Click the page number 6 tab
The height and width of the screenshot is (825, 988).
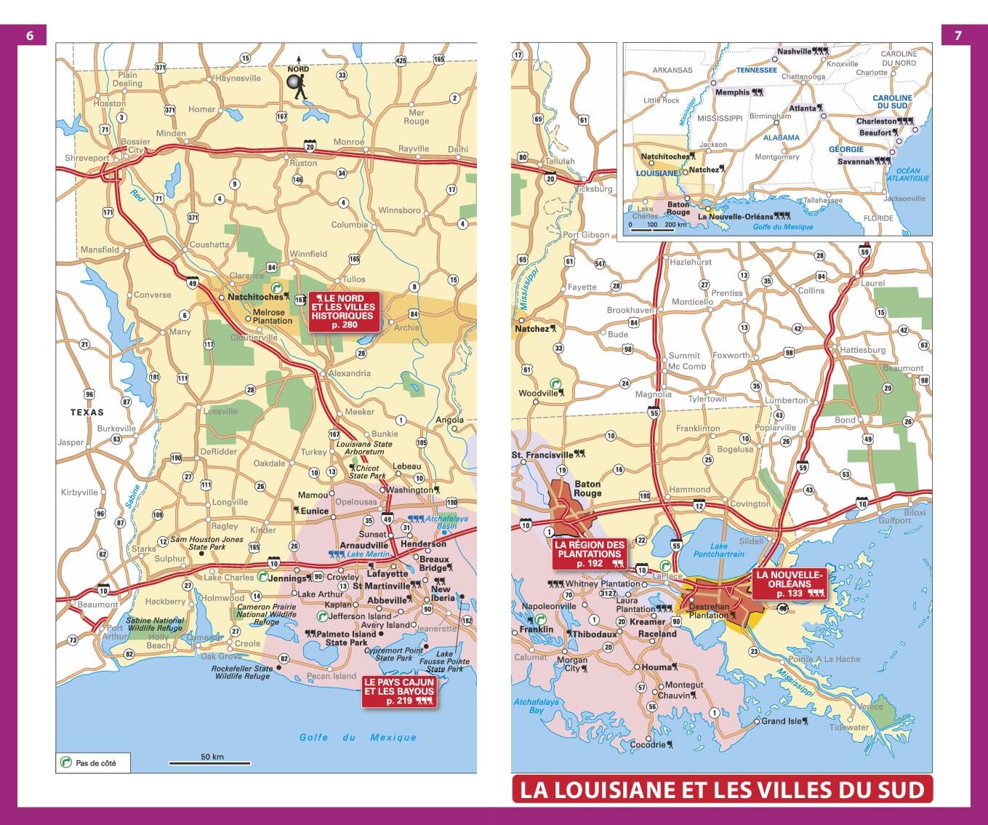pyautogui.click(x=30, y=36)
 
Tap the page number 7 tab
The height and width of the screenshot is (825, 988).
pyautogui.click(x=957, y=36)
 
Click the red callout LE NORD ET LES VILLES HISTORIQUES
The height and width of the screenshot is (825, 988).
pyautogui.click(x=344, y=311)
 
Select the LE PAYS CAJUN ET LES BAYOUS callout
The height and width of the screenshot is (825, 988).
pyautogui.click(x=399, y=692)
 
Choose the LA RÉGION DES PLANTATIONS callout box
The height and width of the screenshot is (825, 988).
pyautogui.click(x=590, y=554)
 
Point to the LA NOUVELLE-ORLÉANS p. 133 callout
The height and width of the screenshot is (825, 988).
pyautogui.click(x=790, y=583)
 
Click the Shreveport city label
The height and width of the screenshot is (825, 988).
pyautogui.click(x=87, y=158)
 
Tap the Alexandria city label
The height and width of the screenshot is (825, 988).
pyautogui.click(x=350, y=373)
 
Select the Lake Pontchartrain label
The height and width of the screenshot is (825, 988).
pyautogui.click(x=718, y=550)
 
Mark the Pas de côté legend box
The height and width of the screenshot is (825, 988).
pyautogui.click(x=93, y=762)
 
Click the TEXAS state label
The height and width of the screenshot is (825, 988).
pyautogui.click(x=87, y=412)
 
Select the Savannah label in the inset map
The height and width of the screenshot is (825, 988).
pyautogui.click(x=856, y=162)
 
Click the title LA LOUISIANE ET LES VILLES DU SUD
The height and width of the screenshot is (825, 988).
pyautogui.click(x=722, y=790)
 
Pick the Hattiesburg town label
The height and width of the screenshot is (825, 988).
pyautogui.click(x=863, y=350)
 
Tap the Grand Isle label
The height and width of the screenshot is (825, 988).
pyautogui.click(x=782, y=721)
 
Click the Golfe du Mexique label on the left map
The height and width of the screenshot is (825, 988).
pyautogui.click(x=358, y=737)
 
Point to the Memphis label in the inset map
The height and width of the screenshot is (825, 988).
pyautogui.click(x=732, y=92)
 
